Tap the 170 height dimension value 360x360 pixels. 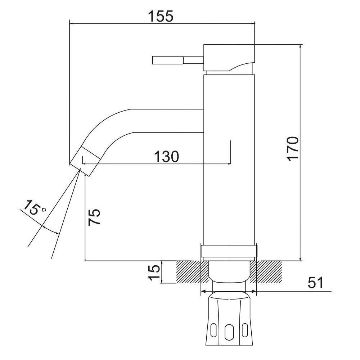[293, 149]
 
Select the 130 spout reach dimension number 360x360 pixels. [166, 157]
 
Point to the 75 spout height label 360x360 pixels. [94, 217]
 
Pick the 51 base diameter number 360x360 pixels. [316, 283]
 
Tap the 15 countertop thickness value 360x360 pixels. [154, 273]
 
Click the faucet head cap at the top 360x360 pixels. [229, 58]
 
